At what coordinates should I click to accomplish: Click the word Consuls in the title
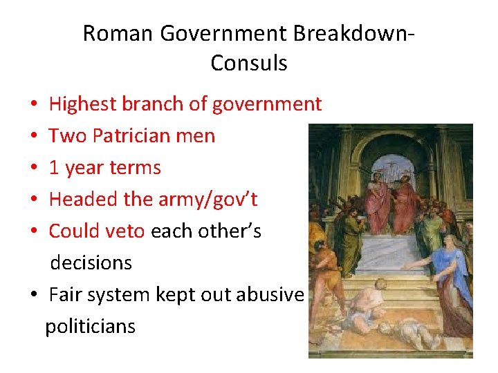pyautogui.click(x=249, y=63)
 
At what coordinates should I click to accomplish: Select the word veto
pyautogui.click(x=126, y=231)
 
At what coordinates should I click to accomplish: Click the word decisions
pyautogui.click(x=91, y=263)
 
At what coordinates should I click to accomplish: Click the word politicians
pyautogui.click(x=91, y=326)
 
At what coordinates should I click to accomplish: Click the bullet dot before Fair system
pyautogui.click(x=34, y=296)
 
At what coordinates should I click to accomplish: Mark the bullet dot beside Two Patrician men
pyautogui.click(x=34, y=137)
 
